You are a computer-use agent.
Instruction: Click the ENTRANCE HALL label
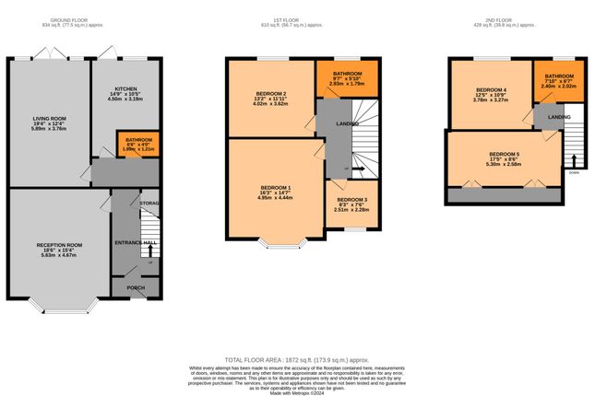(x=133, y=242)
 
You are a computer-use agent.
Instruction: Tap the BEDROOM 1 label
(x=276, y=187)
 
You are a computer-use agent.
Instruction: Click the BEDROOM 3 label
(x=351, y=200)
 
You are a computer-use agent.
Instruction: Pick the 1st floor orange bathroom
(x=347, y=76)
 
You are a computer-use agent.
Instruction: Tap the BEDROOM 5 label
(x=504, y=154)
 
